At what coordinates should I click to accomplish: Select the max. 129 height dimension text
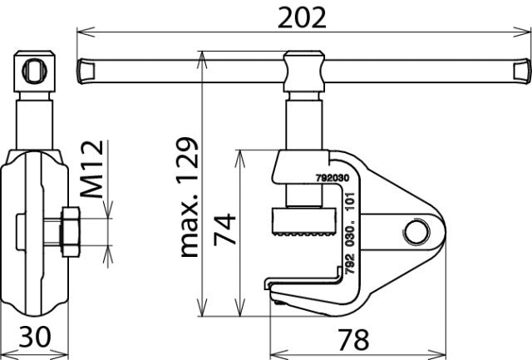point(190,197)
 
